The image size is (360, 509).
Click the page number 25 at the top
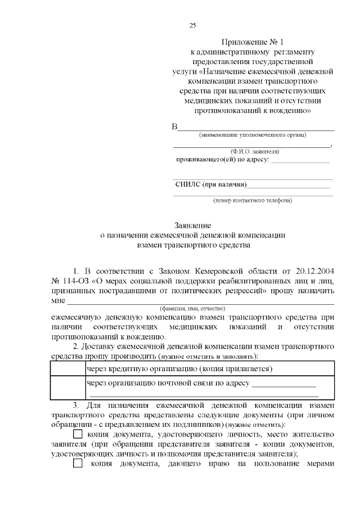[x=192, y=25]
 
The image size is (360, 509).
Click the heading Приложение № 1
[x=253, y=42]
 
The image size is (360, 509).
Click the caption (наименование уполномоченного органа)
[x=253, y=135]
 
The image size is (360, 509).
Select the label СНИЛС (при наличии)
[x=211, y=184]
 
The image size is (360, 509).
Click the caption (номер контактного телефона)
[x=252, y=200]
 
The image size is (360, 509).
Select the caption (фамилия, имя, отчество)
[x=192, y=308]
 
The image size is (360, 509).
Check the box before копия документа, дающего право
[x=78, y=463]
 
